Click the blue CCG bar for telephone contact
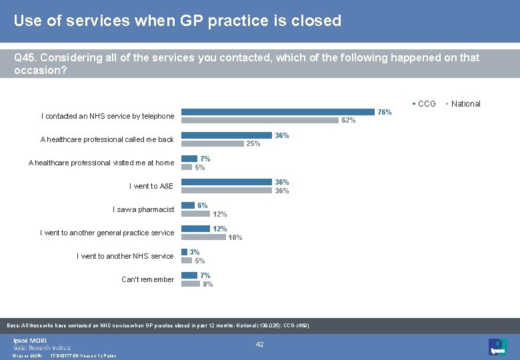coord(278,112)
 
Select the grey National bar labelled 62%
coord(260,121)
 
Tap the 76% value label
coord(385,112)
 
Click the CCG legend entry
coord(426,103)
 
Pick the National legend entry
coord(465,103)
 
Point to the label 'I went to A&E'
coord(151,186)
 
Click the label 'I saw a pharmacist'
coord(143,209)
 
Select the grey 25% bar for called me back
coord(213,143)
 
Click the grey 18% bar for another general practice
coord(203,237)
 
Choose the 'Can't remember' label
coord(147,279)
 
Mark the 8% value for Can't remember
coord(208,284)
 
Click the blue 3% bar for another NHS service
coord(185,252)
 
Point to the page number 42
coord(260,345)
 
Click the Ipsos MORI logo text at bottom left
coord(41,343)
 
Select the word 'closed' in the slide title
coord(317,21)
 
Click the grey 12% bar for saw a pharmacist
coord(195,214)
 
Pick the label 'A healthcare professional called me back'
coord(107,139)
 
